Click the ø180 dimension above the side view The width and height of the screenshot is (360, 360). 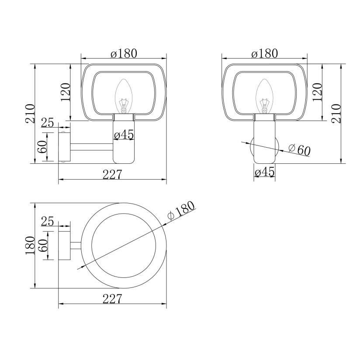[x=124, y=53]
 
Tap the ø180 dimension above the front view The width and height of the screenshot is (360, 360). [x=264, y=53]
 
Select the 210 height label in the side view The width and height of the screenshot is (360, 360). [x=30, y=114]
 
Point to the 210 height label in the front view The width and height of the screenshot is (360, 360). [x=337, y=114]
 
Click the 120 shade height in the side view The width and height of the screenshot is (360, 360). [x=66, y=92]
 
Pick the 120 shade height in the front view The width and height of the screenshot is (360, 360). [x=318, y=92]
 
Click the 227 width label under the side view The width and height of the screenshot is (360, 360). [x=112, y=174]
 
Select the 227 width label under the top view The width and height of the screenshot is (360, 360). [x=112, y=299]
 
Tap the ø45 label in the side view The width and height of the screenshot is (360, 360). [x=124, y=135]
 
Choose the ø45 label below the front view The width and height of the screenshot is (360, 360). [x=264, y=172]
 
